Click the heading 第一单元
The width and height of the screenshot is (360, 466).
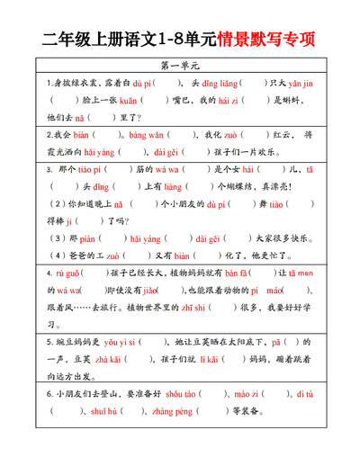coord(180,66)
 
